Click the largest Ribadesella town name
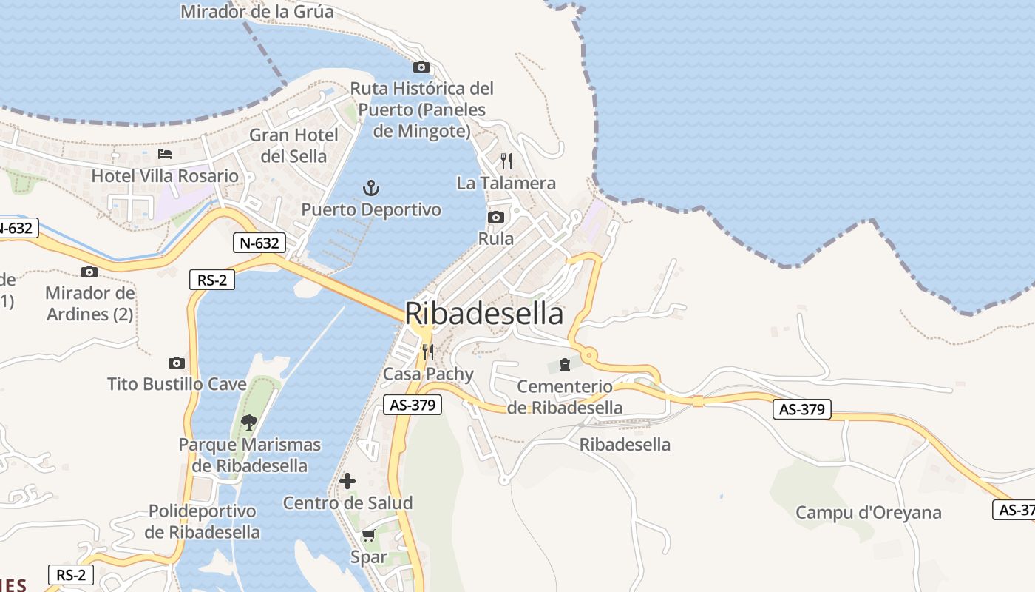pos(484,314)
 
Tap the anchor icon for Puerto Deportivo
pos(371,188)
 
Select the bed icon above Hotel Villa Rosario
pos(165,154)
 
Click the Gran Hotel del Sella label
pos(293,146)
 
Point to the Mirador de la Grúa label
pos(257,12)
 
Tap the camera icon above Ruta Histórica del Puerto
pos(421,67)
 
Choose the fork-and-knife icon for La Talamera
pos(506,161)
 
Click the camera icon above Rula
pos(496,217)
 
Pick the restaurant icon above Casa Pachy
pos(427,351)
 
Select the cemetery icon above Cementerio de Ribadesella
pos(565,364)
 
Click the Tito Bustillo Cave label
pos(177,384)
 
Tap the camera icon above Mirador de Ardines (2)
pos(89,272)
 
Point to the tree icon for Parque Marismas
pos(249,423)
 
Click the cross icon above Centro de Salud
pos(347,481)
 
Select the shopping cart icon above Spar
pos(368,535)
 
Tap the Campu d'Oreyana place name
pos(868,513)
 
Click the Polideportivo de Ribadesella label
pos(203,522)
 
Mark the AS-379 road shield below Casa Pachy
pos(413,405)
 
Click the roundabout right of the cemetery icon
pos(589,356)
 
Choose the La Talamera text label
pos(506,183)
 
